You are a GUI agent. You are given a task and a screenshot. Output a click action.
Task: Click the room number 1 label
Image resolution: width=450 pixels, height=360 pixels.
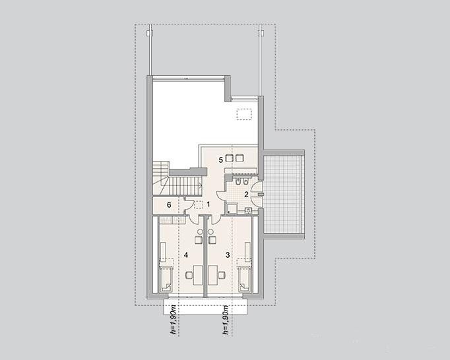tap(209, 204)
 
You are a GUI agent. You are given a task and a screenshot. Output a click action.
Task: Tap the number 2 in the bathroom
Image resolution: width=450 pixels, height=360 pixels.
tap(246, 195)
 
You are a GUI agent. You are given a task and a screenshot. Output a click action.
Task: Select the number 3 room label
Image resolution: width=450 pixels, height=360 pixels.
tap(228, 255)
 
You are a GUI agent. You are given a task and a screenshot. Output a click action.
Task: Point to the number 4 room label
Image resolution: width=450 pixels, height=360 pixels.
tap(186, 255)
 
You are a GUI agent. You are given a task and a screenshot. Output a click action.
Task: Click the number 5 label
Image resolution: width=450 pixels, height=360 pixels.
tap(220, 160)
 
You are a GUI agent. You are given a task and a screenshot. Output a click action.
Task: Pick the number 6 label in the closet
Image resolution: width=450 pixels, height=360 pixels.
tap(169, 205)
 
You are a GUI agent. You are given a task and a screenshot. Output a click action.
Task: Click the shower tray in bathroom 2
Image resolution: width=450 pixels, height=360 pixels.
tap(232, 208)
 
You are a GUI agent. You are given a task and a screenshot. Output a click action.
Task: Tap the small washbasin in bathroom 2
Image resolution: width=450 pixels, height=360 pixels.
tap(248, 211)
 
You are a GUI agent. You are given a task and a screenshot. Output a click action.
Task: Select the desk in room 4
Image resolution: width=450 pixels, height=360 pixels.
tap(198, 275)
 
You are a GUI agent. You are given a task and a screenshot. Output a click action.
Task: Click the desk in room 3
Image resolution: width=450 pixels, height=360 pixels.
tap(212, 275)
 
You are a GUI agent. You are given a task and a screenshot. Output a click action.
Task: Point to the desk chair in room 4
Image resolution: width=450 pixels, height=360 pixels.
tap(189, 275)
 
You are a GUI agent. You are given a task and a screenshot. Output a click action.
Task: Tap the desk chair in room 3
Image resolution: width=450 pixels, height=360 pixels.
tap(222, 275)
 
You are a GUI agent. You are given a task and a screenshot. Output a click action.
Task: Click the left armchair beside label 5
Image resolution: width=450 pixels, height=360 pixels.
tap(229, 158)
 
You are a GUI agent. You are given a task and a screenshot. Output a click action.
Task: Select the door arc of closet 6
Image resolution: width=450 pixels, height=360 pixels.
tap(187, 206)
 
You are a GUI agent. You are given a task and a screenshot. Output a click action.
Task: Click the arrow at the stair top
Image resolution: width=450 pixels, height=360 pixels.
tap(200, 186)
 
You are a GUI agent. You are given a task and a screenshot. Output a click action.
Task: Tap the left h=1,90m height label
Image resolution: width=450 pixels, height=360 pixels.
tap(173, 320)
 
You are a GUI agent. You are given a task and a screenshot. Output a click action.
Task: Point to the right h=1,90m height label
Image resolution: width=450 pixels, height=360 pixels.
tap(226, 320)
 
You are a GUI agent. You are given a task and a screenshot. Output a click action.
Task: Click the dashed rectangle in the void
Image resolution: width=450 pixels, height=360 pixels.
tap(244, 115)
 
